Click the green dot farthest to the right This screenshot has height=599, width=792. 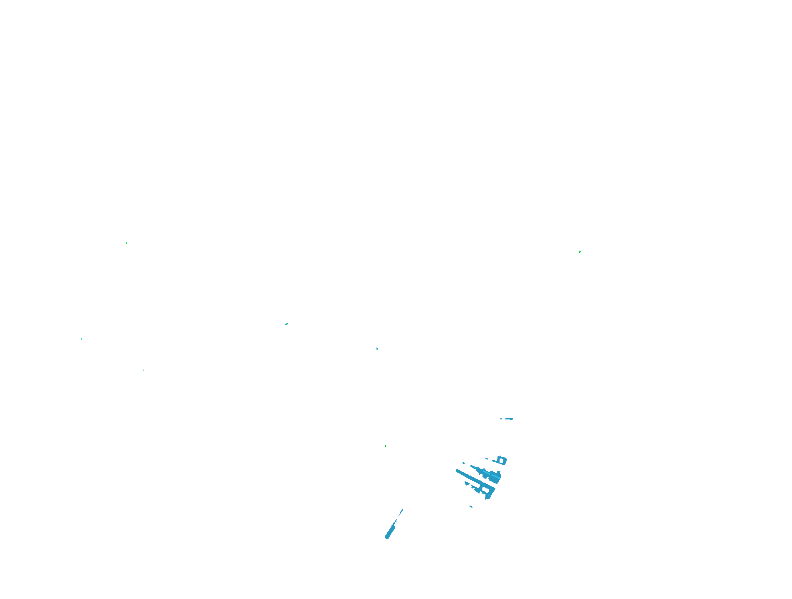(x=580, y=251)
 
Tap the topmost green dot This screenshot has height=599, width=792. (x=127, y=243)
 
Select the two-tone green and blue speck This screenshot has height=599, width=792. (x=287, y=324)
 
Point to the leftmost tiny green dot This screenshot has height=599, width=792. (x=82, y=339)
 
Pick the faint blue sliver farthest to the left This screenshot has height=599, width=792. (x=144, y=370)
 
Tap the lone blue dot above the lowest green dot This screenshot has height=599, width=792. (x=377, y=348)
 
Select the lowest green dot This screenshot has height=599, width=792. (x=385, y=446)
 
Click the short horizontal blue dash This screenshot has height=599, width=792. (x=509, y=419)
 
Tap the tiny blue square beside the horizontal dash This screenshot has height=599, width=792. (x=501, y=419)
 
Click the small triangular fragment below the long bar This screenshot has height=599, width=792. (x=467, y=483)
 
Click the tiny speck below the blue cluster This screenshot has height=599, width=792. (x=471, y=506)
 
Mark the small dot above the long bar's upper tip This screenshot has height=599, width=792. (x=463, y=463)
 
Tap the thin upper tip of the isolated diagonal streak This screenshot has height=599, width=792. (x=402, y=510)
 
